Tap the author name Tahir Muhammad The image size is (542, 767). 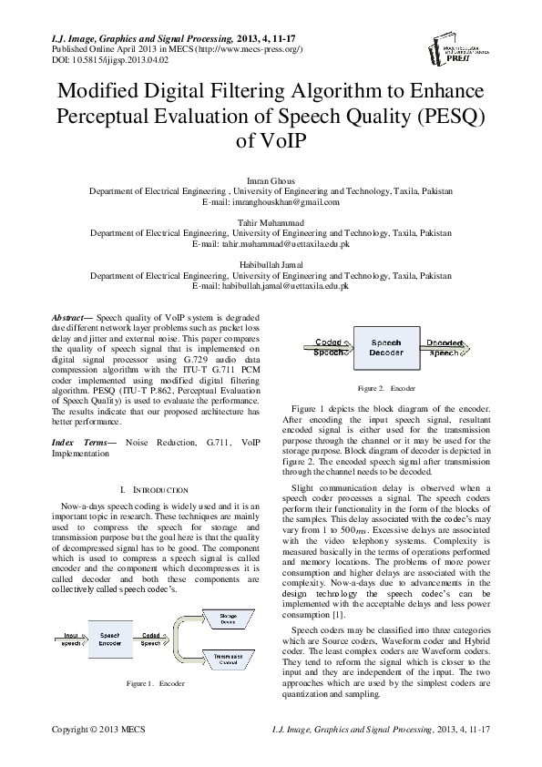coord(271,222)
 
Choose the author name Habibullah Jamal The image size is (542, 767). coord(271,264)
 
